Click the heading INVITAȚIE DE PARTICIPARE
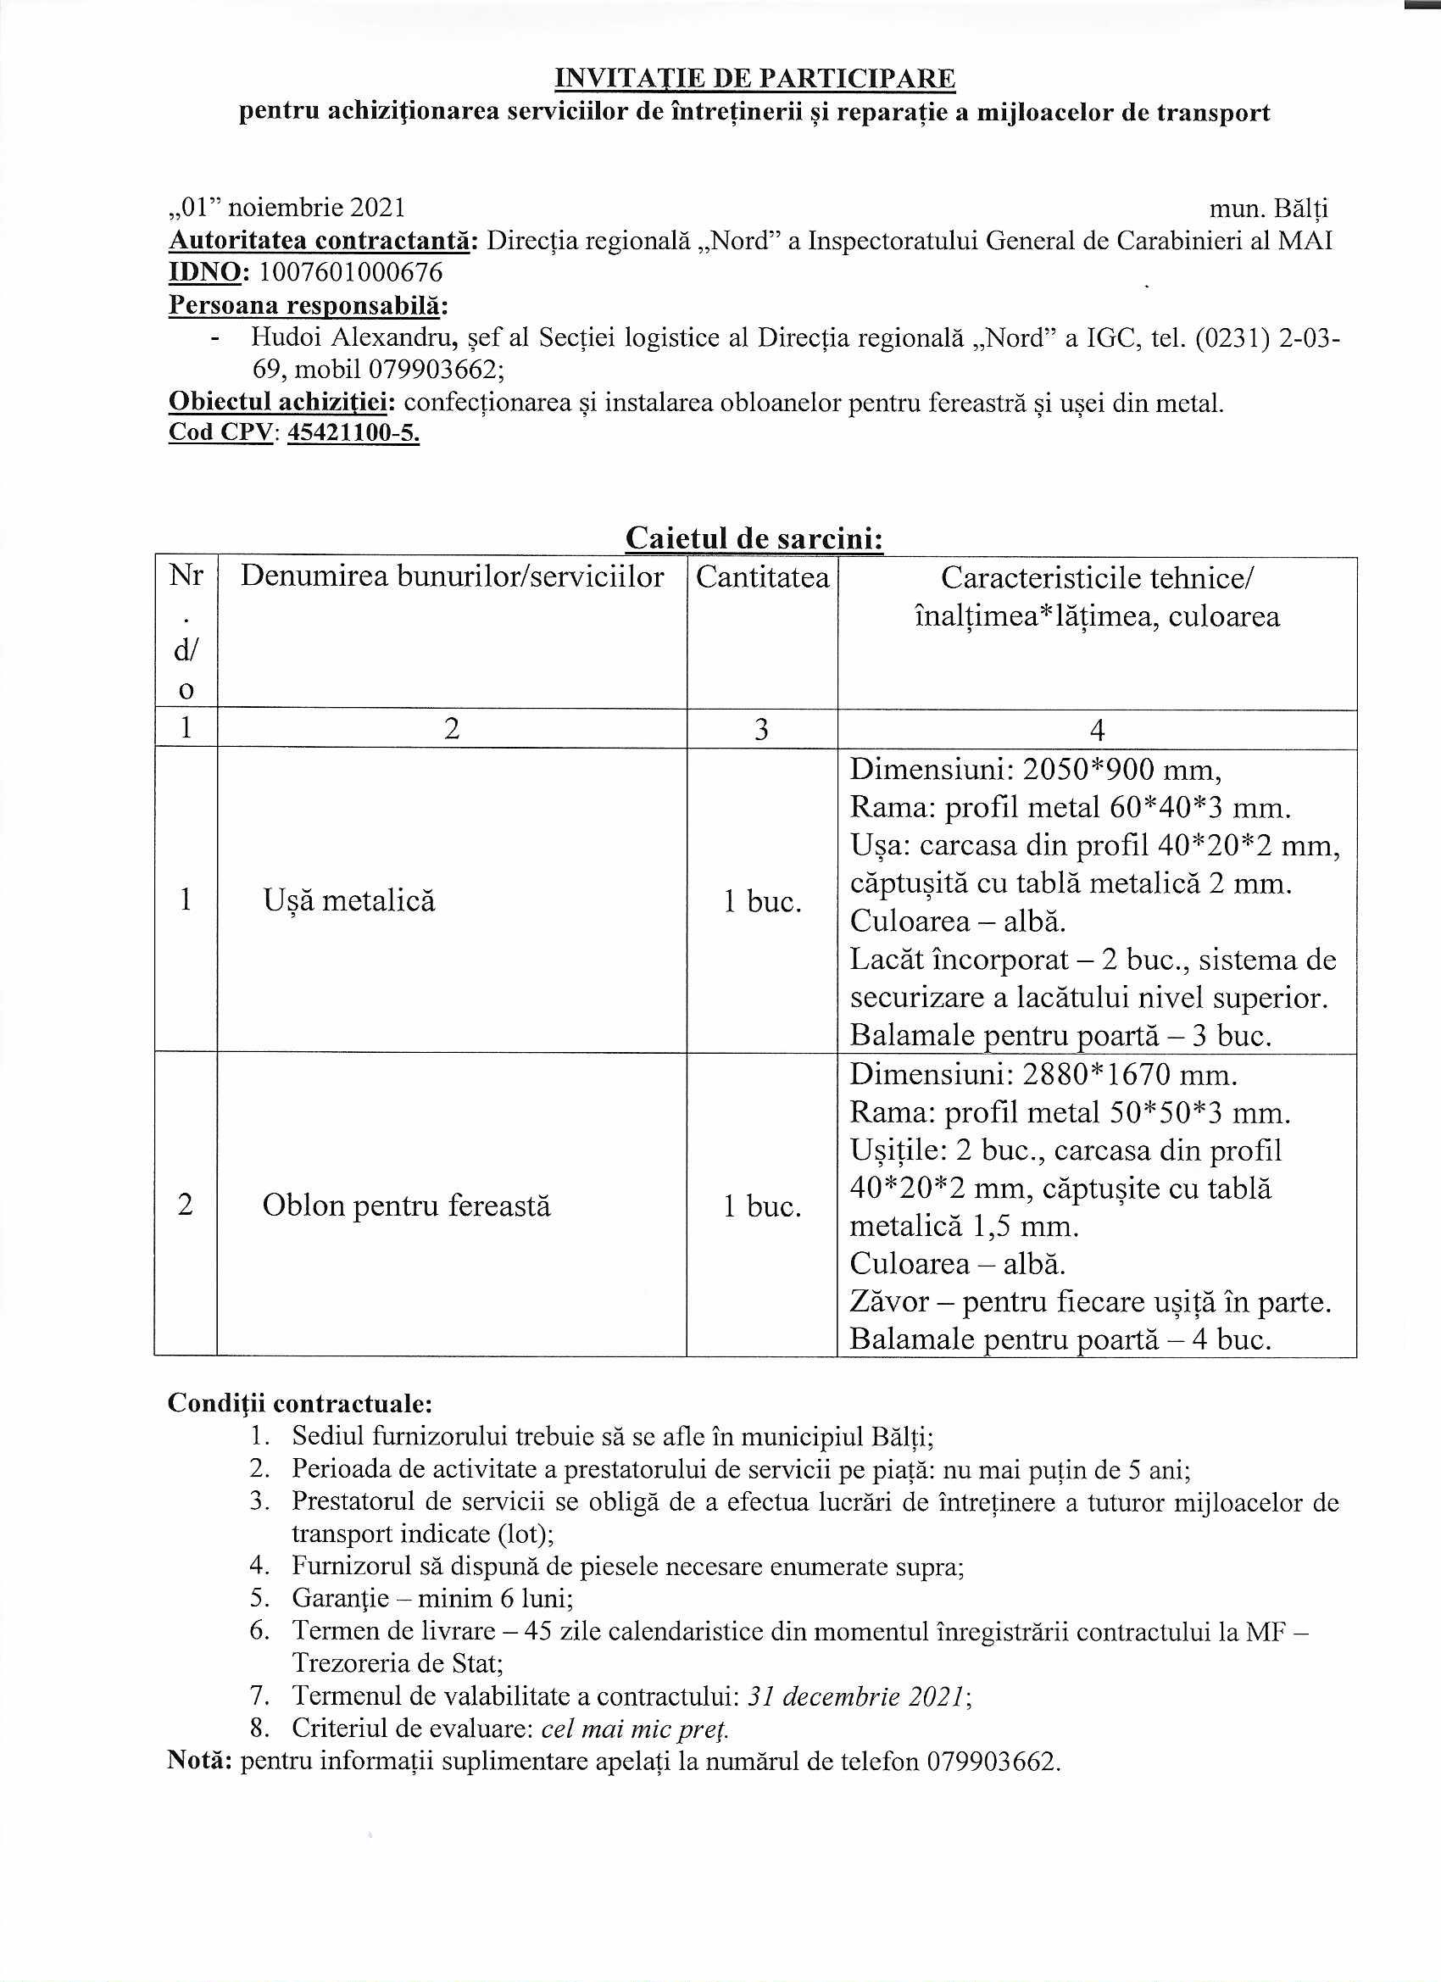click(x=755, y=79)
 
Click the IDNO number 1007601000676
click(x=351, y=273)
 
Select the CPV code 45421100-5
click(x=353, y=432)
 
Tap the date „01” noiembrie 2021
click(x=287, y=208)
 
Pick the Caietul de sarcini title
click(x=754, y=538)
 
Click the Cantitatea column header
click(x=762, y=577)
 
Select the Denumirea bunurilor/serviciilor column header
click(x=452, y=576)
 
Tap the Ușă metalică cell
click(x=348, y=900)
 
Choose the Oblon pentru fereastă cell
click(x=406, y=1206)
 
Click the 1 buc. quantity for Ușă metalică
click(x=762, y=901)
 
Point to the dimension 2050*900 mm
click(x=1122, y=769)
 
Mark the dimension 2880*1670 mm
click(x=1130, y=1074)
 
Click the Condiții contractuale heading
click(x=300, y=1404)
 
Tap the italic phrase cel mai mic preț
click(x=635, y=1729)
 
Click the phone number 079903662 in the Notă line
click(x=990, y=1761)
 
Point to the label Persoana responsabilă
click(x=308, y=305)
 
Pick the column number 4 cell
click(x=1097, y=729)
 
